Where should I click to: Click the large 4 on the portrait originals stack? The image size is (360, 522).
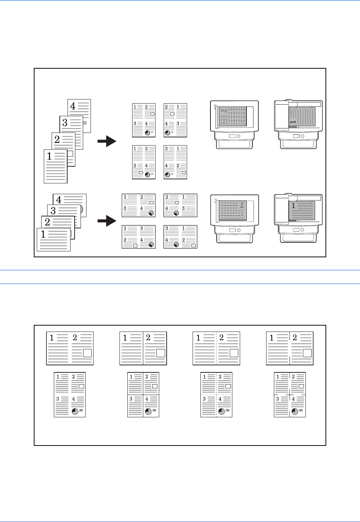pyautogui.click(x=73, y=106)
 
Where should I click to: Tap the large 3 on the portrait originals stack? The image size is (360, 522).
pyautogui.click(x=65, y=123)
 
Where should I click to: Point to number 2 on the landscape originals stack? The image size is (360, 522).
pyautogui.click(x=48, y=222)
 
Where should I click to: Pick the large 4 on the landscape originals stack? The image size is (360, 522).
pyautogui.click(x=59, y=200)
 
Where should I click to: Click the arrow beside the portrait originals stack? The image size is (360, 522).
pyautogui.click(x=107, y=141)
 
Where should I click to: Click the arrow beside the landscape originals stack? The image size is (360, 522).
pyautogui.click(x=107, y=222)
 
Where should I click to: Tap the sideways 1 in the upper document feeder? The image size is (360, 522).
pyautogui.click(x=292, y=122)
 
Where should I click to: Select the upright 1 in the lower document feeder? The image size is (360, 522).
pyautogui.click(x=293, y=205)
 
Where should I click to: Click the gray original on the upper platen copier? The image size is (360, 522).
pyautogui.click(x=233, y=117)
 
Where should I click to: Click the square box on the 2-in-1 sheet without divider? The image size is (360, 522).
pyautogui.click(x=87, y=353)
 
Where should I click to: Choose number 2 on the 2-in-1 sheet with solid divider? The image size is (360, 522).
pyautogui.click(x=148, y=338)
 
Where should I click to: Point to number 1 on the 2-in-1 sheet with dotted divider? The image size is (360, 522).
pyautogui.click(x=198, y=338)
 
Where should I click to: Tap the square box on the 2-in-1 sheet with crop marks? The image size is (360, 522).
pyautogui.click(x=307, y=353)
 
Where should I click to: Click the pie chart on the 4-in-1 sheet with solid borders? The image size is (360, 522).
pyautogui.click(x=148, y=411)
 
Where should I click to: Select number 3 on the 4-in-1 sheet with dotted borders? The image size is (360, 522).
pyautogui.click(x=204, y=399)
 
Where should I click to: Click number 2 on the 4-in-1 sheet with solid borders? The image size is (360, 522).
pyautogui.click(x=147, y=377)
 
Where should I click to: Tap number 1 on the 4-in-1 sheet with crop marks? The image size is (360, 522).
pyautogui.click(x=278, y=377)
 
